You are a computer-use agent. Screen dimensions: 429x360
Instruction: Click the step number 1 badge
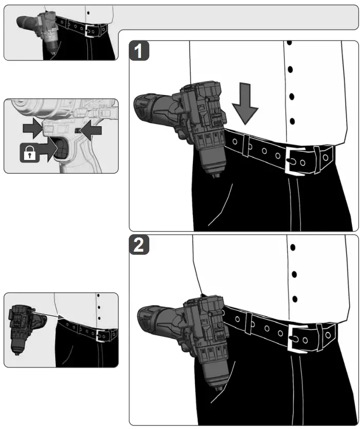(139, 52)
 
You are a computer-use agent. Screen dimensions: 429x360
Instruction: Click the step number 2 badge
(139, 245)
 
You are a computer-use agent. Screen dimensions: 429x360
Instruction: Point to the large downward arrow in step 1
(245, 107)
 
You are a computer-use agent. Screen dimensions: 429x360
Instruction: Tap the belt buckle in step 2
(297, 336)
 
